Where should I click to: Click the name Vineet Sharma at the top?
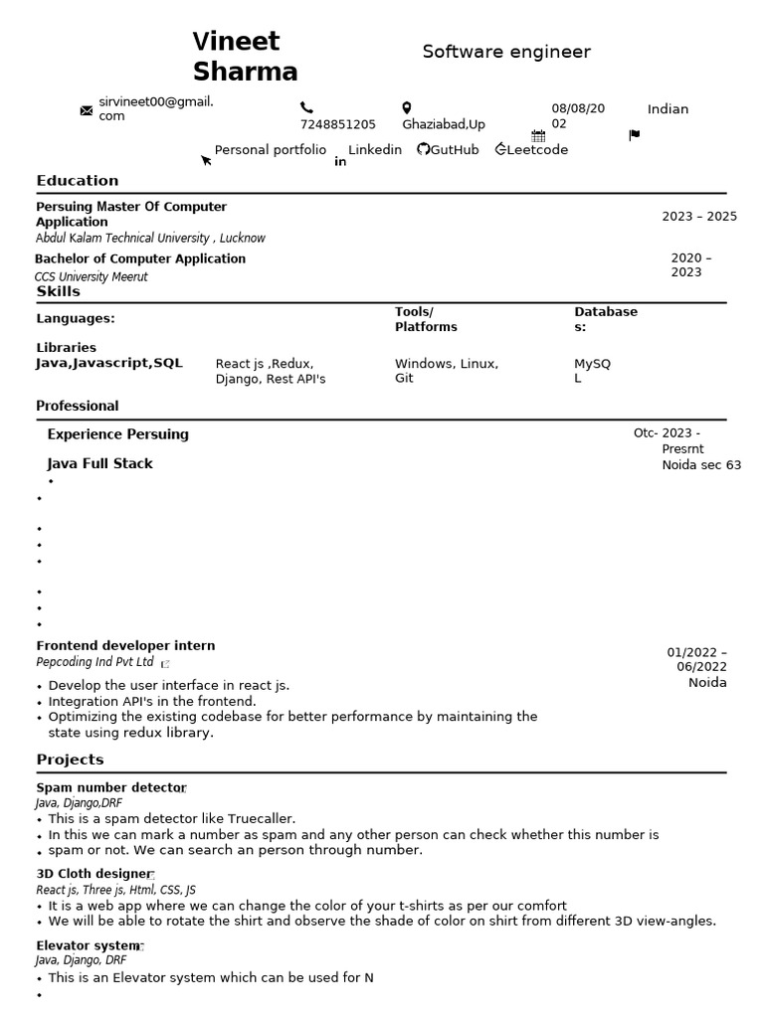[245, 57]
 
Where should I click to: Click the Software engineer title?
[505, 52]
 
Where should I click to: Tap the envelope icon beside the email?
[86, 110]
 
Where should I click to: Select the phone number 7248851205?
[338, 124]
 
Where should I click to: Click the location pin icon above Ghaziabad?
[406, 107]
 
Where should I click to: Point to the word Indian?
[668, 109]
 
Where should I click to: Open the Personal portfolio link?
[270, 150]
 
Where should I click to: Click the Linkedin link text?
[375, 150]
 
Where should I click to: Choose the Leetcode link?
[537, 150]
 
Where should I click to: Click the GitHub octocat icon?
[423, 149]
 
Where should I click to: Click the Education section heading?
[78, 181]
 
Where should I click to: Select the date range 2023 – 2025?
[699, 217]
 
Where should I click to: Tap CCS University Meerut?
[91, 277]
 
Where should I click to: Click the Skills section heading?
[59, 291]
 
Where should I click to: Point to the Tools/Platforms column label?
[426, 319]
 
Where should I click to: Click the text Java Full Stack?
[99, 464]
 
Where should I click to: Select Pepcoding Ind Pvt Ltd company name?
[95, 662]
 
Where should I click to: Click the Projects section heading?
[70, 760]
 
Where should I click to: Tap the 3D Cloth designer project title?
[94, 874]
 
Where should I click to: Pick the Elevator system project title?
[88, 945]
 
